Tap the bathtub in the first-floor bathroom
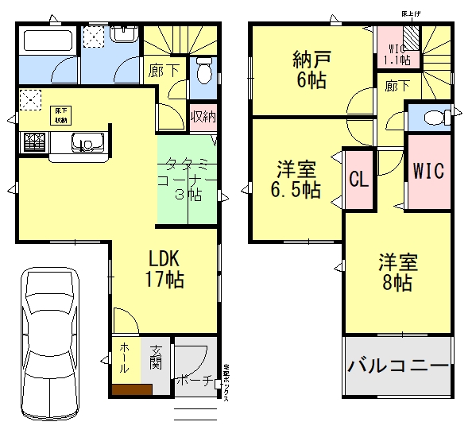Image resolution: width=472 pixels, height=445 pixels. click(47, 41)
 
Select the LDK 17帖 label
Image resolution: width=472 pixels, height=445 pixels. click(166, 269)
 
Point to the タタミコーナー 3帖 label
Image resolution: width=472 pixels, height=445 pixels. click(189, 180)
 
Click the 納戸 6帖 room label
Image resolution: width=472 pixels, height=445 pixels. click(309, 69)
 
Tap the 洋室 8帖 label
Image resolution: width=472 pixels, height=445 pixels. click(397, 272)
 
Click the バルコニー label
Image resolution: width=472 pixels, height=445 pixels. click(398, 366)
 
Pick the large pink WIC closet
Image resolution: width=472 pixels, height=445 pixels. click(428, 170)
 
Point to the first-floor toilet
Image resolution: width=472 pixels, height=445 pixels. click(203, 71)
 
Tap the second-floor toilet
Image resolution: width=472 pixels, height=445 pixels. click(434, 118)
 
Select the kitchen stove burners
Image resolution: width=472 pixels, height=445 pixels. click(34, 142)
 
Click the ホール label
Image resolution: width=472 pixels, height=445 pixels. click(125, 358)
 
